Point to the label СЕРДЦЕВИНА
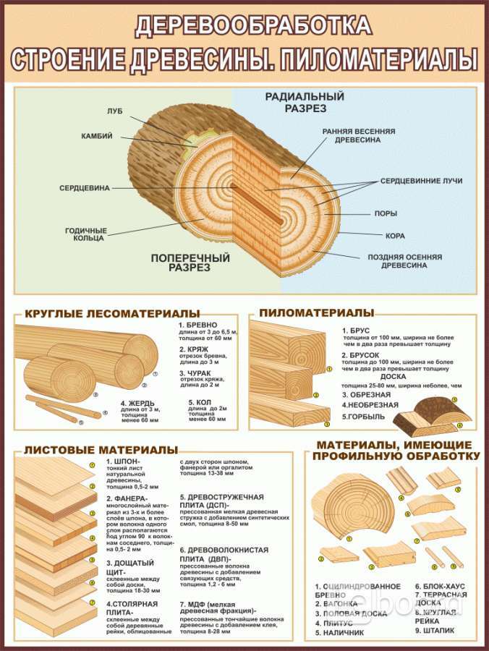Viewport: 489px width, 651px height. [x=84, y=187]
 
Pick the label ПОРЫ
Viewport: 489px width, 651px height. [x=385, y=213]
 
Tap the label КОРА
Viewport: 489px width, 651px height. [x=394, y=235]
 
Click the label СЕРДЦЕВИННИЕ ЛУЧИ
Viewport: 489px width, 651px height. [x=421, y=181]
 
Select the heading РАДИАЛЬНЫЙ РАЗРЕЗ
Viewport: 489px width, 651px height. [x=303, y=102]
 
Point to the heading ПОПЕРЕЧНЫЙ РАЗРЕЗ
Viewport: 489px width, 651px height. [x=190, y=262]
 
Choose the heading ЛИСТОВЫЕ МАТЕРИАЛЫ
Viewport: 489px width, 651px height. [x=101, y=450]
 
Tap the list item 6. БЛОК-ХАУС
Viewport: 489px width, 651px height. [x=440, y=586]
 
